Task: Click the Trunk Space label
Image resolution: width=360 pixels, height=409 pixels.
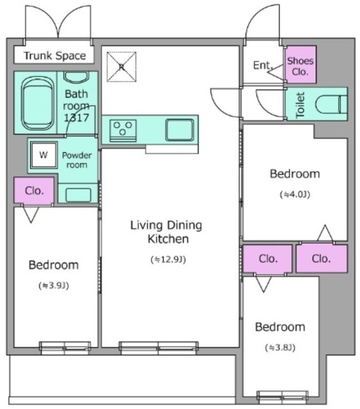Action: pyautogui.click(x=55, y=56)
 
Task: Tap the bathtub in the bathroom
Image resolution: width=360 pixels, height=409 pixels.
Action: pyautogui.click(x=38, y=103)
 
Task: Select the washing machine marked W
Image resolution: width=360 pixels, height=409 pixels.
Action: pyautogui.click(x=43, y=155)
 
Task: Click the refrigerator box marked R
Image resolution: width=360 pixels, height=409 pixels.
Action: pyautogui.click(x=121, y=66)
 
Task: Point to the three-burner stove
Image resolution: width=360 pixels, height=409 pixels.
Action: pyautogui.click(x=123, y=130)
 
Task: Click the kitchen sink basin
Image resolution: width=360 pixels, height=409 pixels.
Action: pyautogui.click(x=179, y=130)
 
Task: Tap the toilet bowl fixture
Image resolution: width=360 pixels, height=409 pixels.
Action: pyautogui.click(x=331, y=104)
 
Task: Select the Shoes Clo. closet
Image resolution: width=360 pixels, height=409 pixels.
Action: pyautogui.click(x=301, y=65)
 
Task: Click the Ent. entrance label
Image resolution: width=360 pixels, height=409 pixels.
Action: pyautogui.click(x=262, y=65)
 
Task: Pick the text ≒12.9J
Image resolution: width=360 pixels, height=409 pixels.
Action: pyautogui.click(x=169, y=259)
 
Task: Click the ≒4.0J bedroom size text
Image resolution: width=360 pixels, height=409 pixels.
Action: pyautogui.click(x=295, y=194)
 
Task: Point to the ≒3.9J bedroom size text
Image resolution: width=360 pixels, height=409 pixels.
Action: pyautogui.click(x=54, y=286)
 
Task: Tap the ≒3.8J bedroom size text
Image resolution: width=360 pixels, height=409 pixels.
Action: pyautogui.click(x=280, y=348)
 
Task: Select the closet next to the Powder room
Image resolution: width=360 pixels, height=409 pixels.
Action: pyautogui.click(x=34, y=190)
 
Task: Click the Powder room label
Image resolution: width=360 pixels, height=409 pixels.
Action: pyautogui.click(x=77, y=160)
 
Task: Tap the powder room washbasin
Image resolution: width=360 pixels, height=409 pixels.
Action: pyautogui.click(x=78, y=195)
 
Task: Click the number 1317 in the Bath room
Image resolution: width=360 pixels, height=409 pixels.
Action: pyautogui.click(x=77, y=118)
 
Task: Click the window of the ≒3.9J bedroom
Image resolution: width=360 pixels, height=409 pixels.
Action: pyautogui.click(x=65, y=348)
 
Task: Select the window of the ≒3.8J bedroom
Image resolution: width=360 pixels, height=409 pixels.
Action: pyautogui.click(x=282, y=397)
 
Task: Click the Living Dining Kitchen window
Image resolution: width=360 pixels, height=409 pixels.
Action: pyautogui.click(x=158, y=348)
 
